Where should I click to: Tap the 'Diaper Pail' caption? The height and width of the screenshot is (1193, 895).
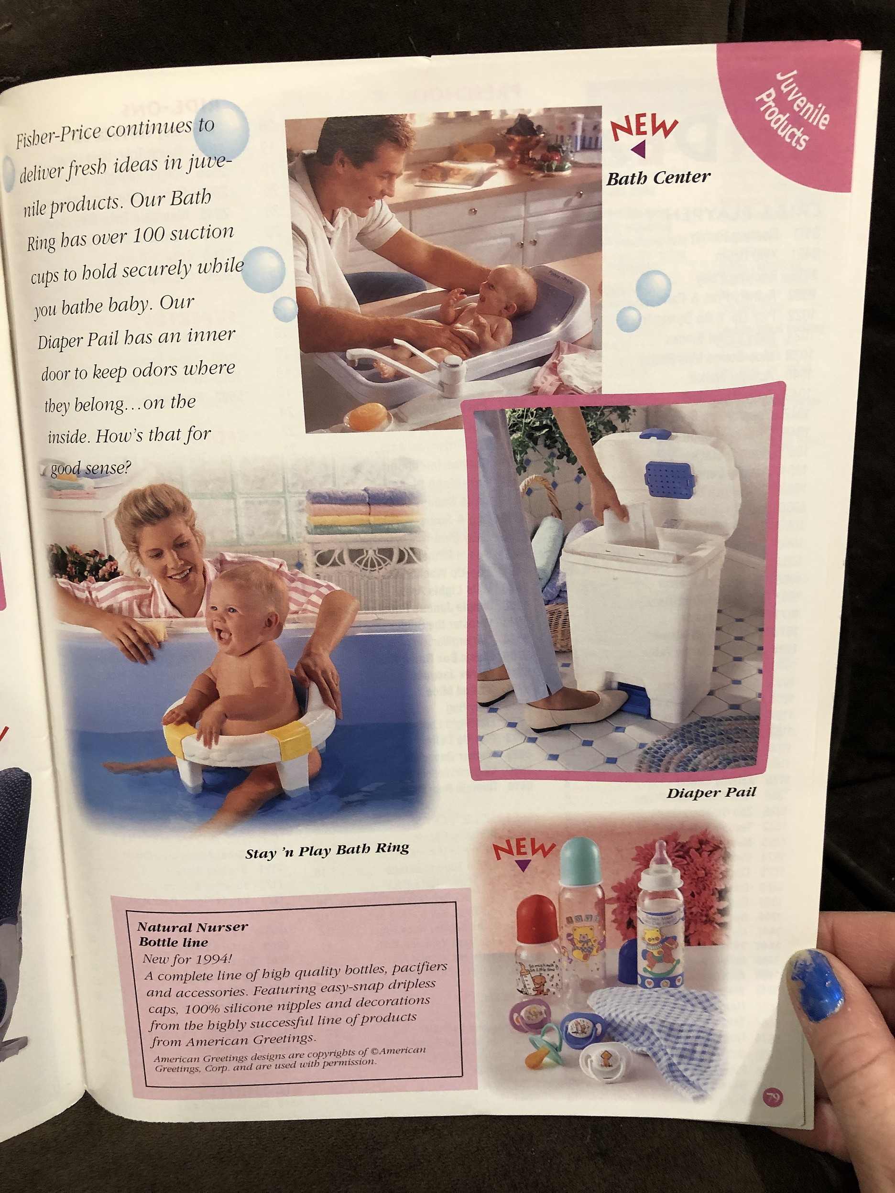point(711,793)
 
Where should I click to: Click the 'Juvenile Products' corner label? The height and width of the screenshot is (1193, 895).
point(791,110)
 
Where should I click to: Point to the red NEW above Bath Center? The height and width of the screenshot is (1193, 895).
point(643,127)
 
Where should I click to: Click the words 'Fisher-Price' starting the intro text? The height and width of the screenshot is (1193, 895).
point(58,136)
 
